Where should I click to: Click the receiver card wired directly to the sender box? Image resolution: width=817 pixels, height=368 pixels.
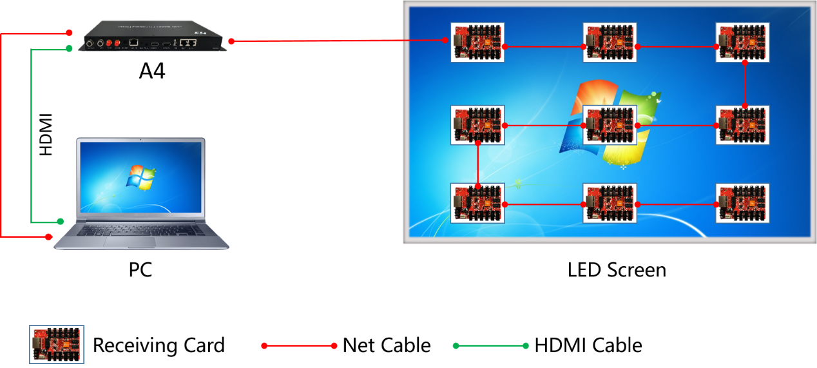[x=477, y=43]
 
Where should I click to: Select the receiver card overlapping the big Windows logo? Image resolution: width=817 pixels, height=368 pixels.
[x=610, y=125]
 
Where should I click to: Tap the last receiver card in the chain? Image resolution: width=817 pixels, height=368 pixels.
[x=742, y=204]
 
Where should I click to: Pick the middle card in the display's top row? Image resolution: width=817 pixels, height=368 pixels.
[x=610, y=43]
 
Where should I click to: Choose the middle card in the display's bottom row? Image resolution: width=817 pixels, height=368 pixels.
[x=610, y=204]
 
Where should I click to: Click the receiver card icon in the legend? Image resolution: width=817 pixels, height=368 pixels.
[x=57, y=345]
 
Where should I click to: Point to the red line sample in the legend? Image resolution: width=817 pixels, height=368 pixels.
[x=299, y=346]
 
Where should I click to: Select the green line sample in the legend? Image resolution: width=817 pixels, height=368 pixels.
[x=490, y=346]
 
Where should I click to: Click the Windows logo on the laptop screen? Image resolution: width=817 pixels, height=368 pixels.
[x=141, y=177]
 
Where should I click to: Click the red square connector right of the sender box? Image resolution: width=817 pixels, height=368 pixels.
[x=231, y=41]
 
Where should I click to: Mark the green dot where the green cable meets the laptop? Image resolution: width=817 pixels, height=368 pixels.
[x=61, y=221]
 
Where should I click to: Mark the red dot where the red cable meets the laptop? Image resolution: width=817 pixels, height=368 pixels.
[x=48, y=237]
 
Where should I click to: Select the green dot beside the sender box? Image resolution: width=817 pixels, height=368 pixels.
[x=69, y=48]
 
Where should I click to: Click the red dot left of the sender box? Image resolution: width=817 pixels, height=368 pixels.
[x=69, y=32]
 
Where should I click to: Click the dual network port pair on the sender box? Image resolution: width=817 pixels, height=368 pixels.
[x=187, y=43]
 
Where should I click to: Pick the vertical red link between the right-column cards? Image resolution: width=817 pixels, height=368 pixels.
[x=745, y=84]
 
